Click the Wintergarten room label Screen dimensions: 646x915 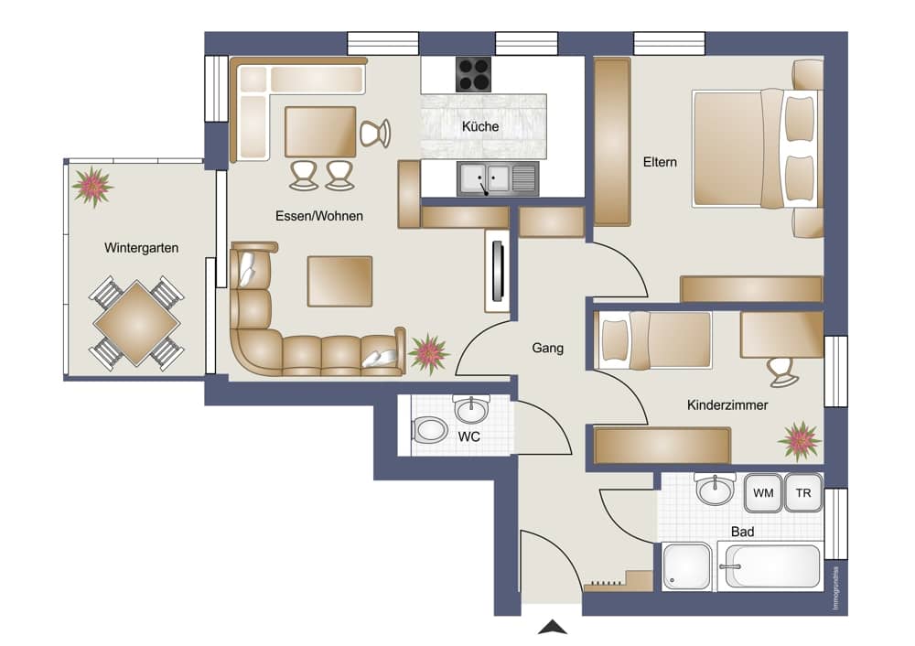coord(141,248)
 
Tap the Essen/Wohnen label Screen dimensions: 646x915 coord(318,217)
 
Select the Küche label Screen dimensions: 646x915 coord(480,127)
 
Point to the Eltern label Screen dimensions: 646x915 coord(660,162)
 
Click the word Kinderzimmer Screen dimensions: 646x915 coord(727,404)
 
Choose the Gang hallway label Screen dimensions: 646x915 coord(547,348)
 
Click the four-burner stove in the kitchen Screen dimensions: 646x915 coord(474,73)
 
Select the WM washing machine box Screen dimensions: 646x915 coord(762,493)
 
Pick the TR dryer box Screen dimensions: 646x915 coord(803,493)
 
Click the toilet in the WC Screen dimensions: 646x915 coord(429,429)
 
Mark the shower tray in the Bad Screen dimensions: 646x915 coord(685,567)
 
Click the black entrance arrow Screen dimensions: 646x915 coord(552,628)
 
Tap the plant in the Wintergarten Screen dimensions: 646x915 coord(92,186)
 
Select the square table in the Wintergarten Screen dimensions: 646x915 coord(136,322)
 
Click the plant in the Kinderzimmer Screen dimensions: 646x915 coord(800,441)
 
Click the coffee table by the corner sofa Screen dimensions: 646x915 coord(339,281)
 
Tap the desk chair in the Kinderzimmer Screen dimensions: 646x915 coord(780,371)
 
